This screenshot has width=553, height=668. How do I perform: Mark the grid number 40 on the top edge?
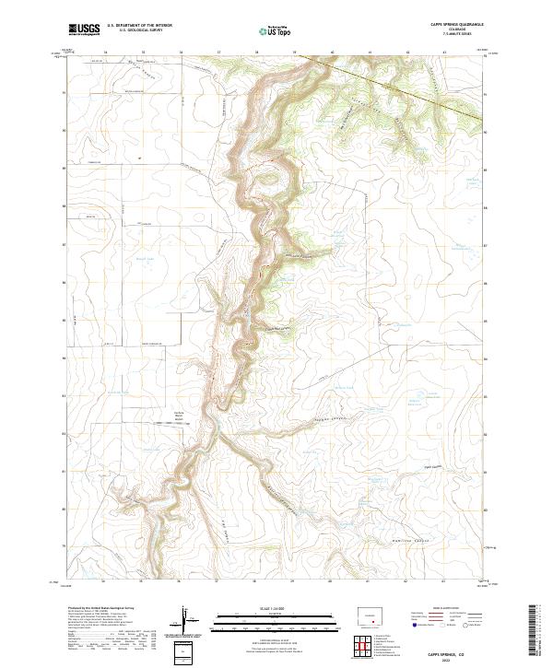(332, 53)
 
